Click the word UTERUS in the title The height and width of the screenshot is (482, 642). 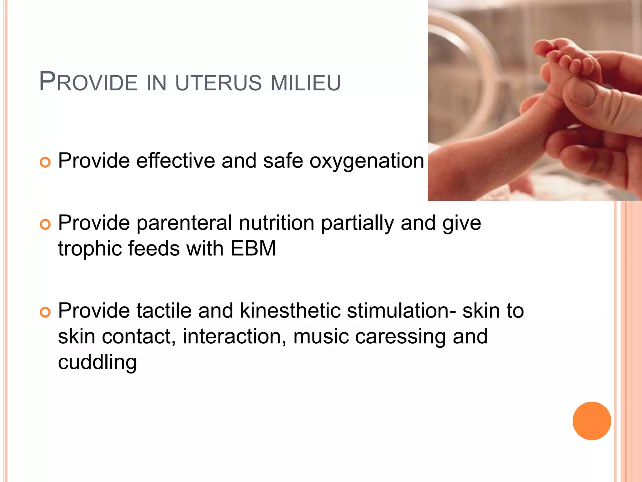[218, 83]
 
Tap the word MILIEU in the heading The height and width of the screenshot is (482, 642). [305, 83]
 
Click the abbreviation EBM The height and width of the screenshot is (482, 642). [253, 249]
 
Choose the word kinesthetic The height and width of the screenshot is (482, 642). [290, 311]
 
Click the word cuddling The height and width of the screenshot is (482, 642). [97, 362]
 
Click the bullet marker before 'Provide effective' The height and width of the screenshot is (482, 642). [45, 163]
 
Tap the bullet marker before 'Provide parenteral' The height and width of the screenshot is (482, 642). [45, 225]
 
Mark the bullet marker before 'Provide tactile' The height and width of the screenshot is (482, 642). [45, 312]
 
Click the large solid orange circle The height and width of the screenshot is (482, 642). [592, 421]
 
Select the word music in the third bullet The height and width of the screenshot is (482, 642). [321, 336]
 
